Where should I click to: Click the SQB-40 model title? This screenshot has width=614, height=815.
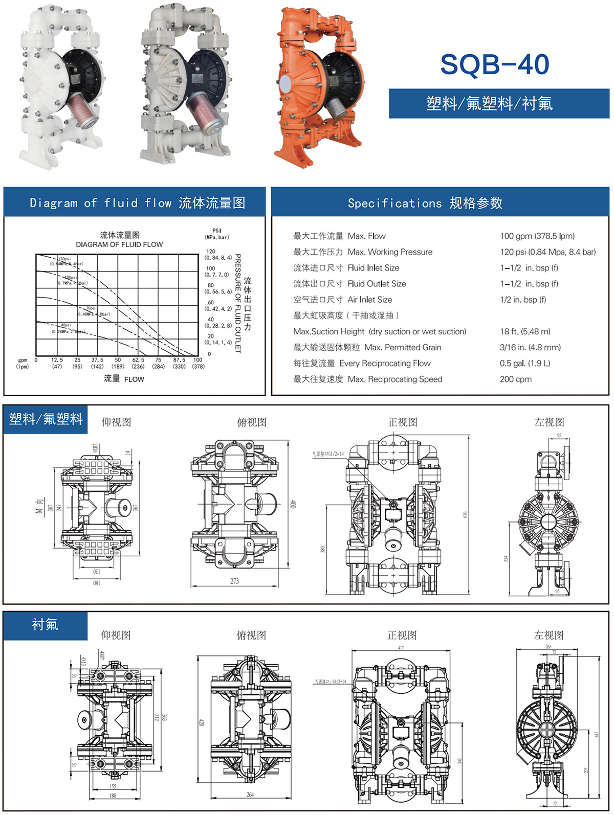(494, 65)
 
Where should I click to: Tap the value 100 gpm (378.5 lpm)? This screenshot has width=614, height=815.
(537, 236)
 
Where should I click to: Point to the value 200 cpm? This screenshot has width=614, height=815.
(516, 379)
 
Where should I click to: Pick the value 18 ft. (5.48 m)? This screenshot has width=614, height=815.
(525, 331)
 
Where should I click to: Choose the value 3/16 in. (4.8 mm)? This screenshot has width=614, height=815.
(530, 348)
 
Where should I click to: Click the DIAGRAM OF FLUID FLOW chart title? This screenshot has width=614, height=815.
(119, 244)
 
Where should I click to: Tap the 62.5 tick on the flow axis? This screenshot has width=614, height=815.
(138, 360)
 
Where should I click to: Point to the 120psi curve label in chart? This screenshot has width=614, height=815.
(64, 259)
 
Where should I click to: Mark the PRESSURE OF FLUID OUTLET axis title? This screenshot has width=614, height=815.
(237, 303)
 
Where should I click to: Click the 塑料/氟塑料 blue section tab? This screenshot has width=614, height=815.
(46, 419)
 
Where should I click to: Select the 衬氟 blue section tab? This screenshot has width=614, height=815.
(45, 625)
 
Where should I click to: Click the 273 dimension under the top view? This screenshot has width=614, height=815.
(234, 581)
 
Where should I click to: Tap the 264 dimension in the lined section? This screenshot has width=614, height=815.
(250, 795)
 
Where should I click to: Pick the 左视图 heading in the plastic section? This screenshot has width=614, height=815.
(549, 422)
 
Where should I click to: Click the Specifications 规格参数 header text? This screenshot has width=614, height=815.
(425, 203)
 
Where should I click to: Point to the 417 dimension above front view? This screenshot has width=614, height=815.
(401, 648)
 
